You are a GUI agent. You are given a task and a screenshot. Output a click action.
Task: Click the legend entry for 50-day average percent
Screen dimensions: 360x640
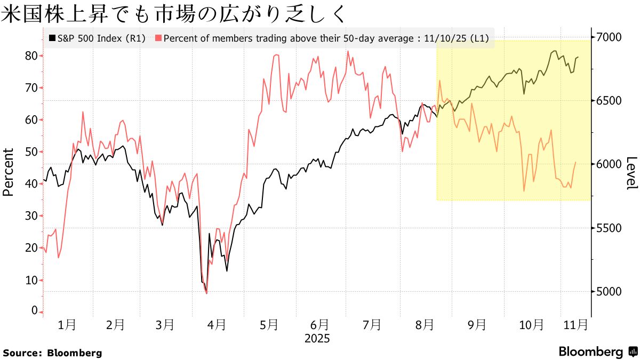323,38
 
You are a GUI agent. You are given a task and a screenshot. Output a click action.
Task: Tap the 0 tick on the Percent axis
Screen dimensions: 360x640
35,311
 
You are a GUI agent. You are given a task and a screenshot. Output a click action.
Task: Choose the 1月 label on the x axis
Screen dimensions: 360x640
67,324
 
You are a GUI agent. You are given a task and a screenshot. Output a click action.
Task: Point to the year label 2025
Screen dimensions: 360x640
317,339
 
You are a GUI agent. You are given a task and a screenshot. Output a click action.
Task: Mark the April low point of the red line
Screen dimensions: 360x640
206,293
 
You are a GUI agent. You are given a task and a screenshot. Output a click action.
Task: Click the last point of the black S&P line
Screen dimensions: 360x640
579,57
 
